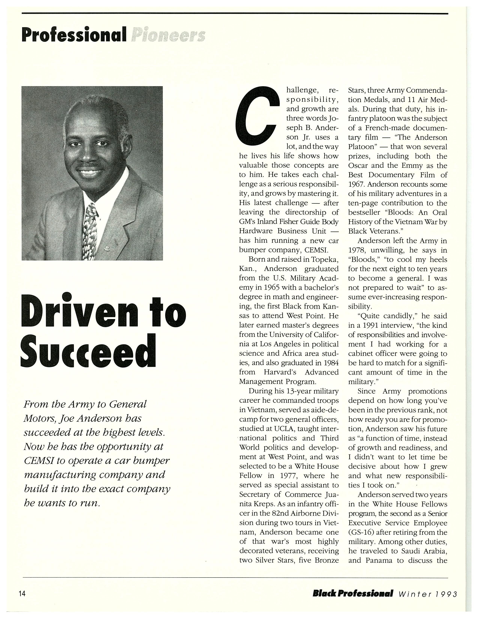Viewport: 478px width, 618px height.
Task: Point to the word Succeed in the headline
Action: click(88, 351)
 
